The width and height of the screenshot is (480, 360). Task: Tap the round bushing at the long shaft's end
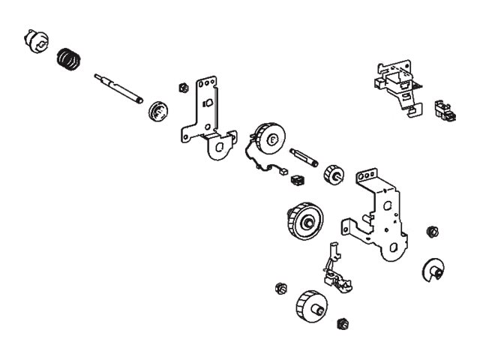(157, 112)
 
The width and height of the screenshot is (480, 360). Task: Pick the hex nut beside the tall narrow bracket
(182, 87)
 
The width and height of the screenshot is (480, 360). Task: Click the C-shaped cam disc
(433, 270)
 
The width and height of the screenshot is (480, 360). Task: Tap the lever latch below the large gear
(335, 270)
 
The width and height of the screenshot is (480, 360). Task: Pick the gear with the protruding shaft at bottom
(310, 306)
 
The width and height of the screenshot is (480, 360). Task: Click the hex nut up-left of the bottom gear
(280, 288)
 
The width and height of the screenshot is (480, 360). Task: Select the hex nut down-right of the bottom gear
(343, 324)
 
